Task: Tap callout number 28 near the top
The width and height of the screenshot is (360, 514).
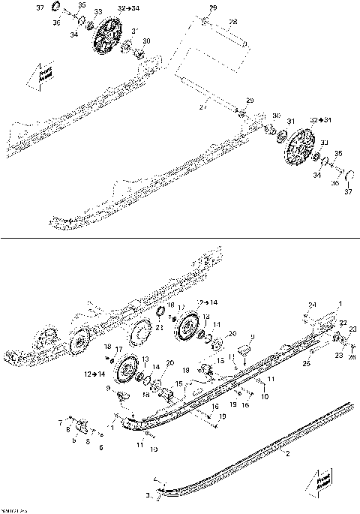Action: coord(232,23)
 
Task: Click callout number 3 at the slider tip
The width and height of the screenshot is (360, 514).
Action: coord(148,496)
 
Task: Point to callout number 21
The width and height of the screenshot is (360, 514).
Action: coord(160,326)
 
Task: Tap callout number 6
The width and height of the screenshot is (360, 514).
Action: coord(101,447)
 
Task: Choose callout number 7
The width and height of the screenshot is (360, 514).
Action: coord(61,422)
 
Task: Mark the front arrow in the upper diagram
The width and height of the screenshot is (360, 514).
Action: coord(35,75)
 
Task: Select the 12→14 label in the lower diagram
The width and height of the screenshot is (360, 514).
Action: coord(95,373)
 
